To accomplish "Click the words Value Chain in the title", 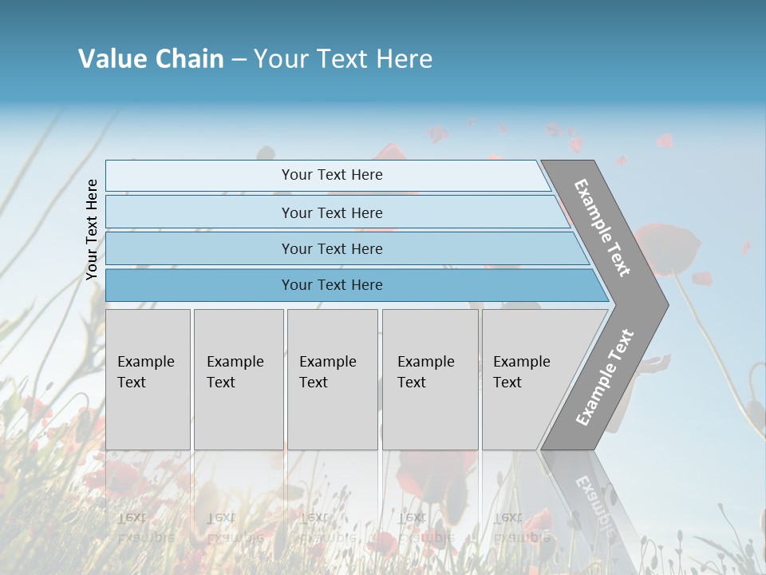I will [151, 59].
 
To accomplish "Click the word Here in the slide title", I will [404, 59].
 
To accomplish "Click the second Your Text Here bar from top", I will [332, 212].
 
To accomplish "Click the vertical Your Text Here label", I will [92, 229].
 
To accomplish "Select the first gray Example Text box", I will [148, 379].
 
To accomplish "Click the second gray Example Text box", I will [239, 379].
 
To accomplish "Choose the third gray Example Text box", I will [332, 379].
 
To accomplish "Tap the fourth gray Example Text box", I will [430, 379].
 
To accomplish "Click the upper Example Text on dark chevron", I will [602, 227].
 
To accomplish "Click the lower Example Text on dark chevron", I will [604, 378].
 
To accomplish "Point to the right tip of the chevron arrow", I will [666, 304].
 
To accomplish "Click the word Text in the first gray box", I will [132, 383].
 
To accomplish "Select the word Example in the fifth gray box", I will [521, 362].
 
